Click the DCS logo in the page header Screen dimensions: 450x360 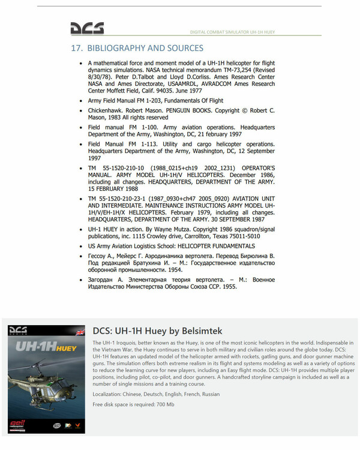point(87,29)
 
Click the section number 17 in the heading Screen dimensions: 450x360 point(76,48)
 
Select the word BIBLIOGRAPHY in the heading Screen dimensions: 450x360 point(118,48)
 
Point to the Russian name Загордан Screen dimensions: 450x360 point(103,279)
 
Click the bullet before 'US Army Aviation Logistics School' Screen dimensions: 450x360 point(80,246)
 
